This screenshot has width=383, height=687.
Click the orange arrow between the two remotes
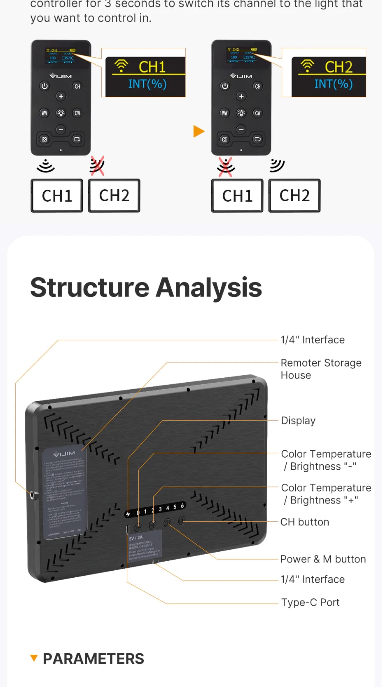[x=199, y=132]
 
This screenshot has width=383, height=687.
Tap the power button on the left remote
[x=44, y=86]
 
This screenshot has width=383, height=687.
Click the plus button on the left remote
[x=61, y=96]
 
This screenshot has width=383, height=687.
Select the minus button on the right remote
[x=241, y=129]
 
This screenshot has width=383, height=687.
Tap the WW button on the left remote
[x=44, y=113]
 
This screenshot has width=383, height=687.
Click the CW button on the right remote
[x=257, y=113]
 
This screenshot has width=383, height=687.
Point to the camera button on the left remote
[x=44, y=139]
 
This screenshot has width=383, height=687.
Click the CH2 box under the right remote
[x=294, y=196]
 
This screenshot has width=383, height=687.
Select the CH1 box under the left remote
[x=57, y=196]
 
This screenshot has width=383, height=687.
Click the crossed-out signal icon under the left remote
[x=97, y=166]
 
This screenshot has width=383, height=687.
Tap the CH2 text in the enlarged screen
[x=339, y=67]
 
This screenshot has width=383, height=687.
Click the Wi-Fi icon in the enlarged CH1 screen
[x=121, y=66]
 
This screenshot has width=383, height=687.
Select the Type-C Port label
[x=311, y=602]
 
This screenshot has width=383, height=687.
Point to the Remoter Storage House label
[x=321, y=369]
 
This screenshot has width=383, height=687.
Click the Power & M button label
[x=323, y=559]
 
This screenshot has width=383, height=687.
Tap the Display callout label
[x=298, y=421]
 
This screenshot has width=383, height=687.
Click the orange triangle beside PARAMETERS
[x=34, y=658]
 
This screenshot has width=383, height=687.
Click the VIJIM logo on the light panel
[x=64, y=454]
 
